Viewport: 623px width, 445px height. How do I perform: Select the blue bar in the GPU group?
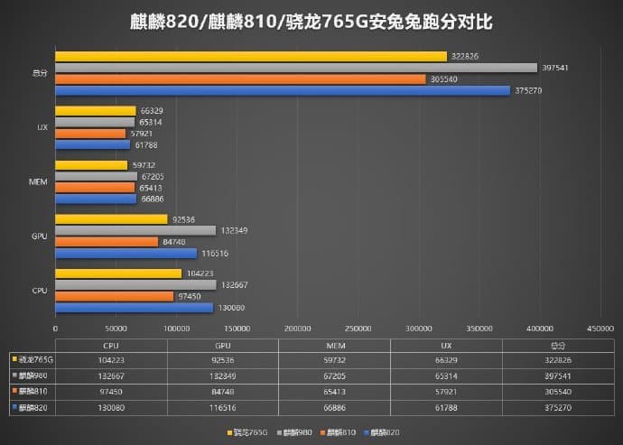click(126, 254)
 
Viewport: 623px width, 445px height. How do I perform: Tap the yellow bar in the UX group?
click(96, 111)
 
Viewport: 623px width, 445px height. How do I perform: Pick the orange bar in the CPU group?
click(115, 296)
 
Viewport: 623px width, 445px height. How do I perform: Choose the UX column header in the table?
click(446, 345)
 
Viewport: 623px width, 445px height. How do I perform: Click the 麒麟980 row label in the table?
click(31, 375)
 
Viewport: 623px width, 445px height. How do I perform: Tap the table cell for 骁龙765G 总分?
click(557, 358)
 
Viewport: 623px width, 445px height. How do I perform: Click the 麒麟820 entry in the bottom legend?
click(383, 431)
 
